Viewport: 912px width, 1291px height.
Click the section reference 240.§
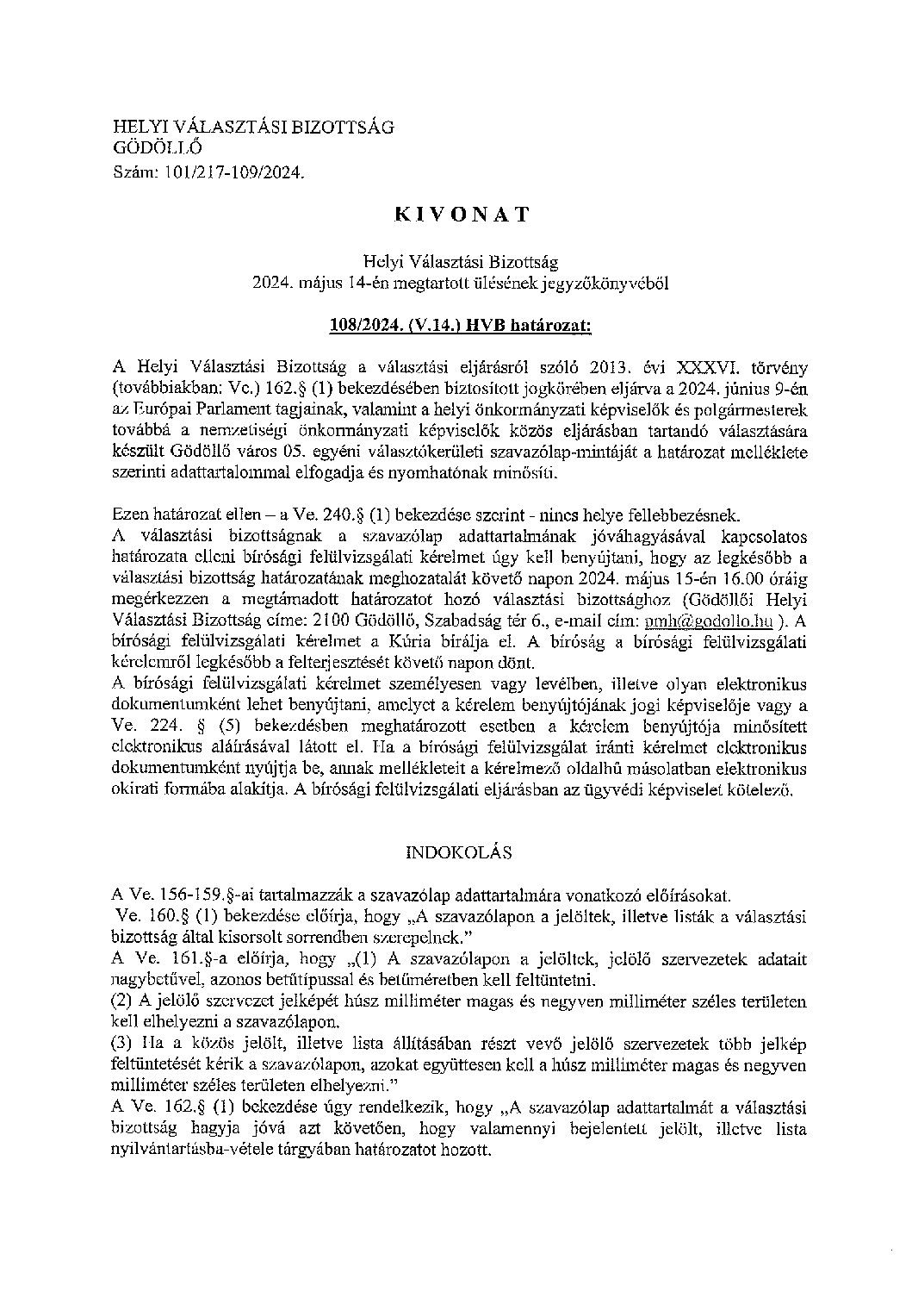pos(338,515)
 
